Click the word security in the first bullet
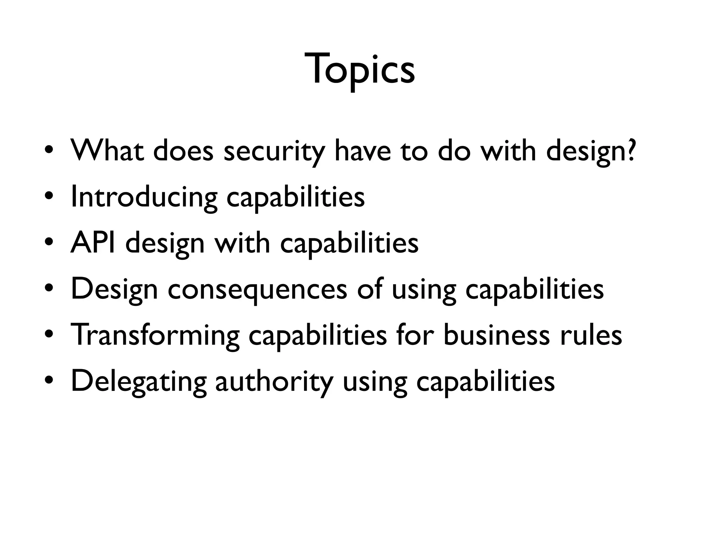pyautogui.click(x=274, y=151)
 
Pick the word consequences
pyautogui.click(x=257, y=289)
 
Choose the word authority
pyautogui.click(x=274, y=381)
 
